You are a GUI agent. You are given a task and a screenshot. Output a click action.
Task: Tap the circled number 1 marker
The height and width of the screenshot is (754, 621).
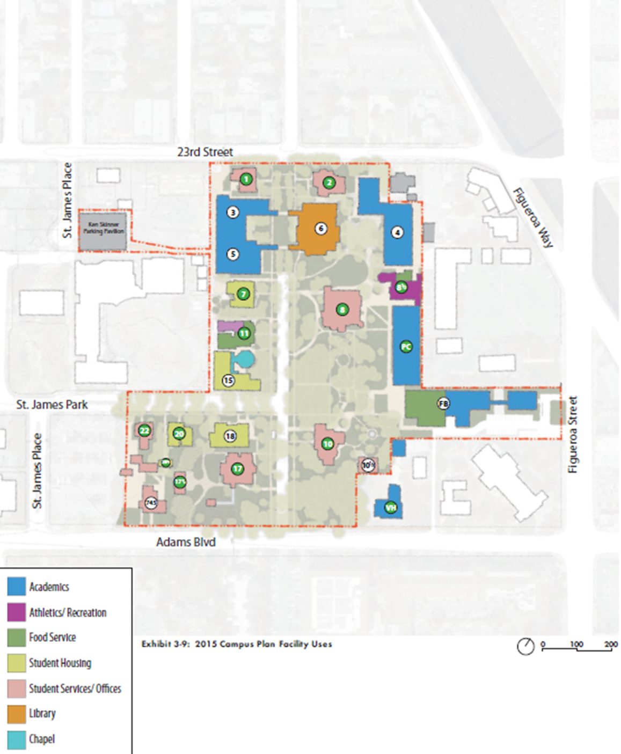point(246,179)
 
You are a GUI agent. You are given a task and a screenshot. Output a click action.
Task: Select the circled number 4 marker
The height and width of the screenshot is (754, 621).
point(397,232)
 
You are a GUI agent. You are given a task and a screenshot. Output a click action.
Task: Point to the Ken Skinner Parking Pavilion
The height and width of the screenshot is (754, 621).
point(104,231)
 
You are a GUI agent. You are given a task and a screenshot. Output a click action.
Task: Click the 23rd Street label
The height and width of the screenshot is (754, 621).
point(205,152)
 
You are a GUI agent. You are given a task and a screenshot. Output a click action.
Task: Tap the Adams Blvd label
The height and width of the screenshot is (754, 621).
point(186,542)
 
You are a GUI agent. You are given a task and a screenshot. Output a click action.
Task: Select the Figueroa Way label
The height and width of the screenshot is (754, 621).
point(533,217)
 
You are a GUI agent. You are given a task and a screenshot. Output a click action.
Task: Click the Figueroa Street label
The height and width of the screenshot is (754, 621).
point(573,435)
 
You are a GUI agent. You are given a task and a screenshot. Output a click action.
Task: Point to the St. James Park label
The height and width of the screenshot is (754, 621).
point(52,405)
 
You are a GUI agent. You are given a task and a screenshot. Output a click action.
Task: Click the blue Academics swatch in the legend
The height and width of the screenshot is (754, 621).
point(17,586)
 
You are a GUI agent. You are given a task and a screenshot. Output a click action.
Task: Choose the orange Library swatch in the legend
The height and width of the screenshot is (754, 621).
point(17,714)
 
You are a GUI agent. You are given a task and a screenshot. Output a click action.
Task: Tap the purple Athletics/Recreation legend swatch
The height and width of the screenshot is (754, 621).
point(17,612)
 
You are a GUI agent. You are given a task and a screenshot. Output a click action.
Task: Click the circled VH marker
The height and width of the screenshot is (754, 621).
point(391,508)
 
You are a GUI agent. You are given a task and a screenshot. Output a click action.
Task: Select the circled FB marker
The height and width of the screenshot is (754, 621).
point(443,404)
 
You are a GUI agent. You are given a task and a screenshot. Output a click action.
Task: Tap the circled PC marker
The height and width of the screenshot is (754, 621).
point(406,347)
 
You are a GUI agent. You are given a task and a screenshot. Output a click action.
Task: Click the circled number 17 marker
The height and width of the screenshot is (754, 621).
point(237,468)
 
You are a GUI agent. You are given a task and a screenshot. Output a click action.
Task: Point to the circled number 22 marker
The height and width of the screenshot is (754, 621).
point(144,430)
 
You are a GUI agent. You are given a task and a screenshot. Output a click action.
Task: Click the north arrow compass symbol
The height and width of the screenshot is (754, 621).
point(525,647)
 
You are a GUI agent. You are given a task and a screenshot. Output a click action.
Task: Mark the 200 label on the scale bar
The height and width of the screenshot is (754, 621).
point(611,644)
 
